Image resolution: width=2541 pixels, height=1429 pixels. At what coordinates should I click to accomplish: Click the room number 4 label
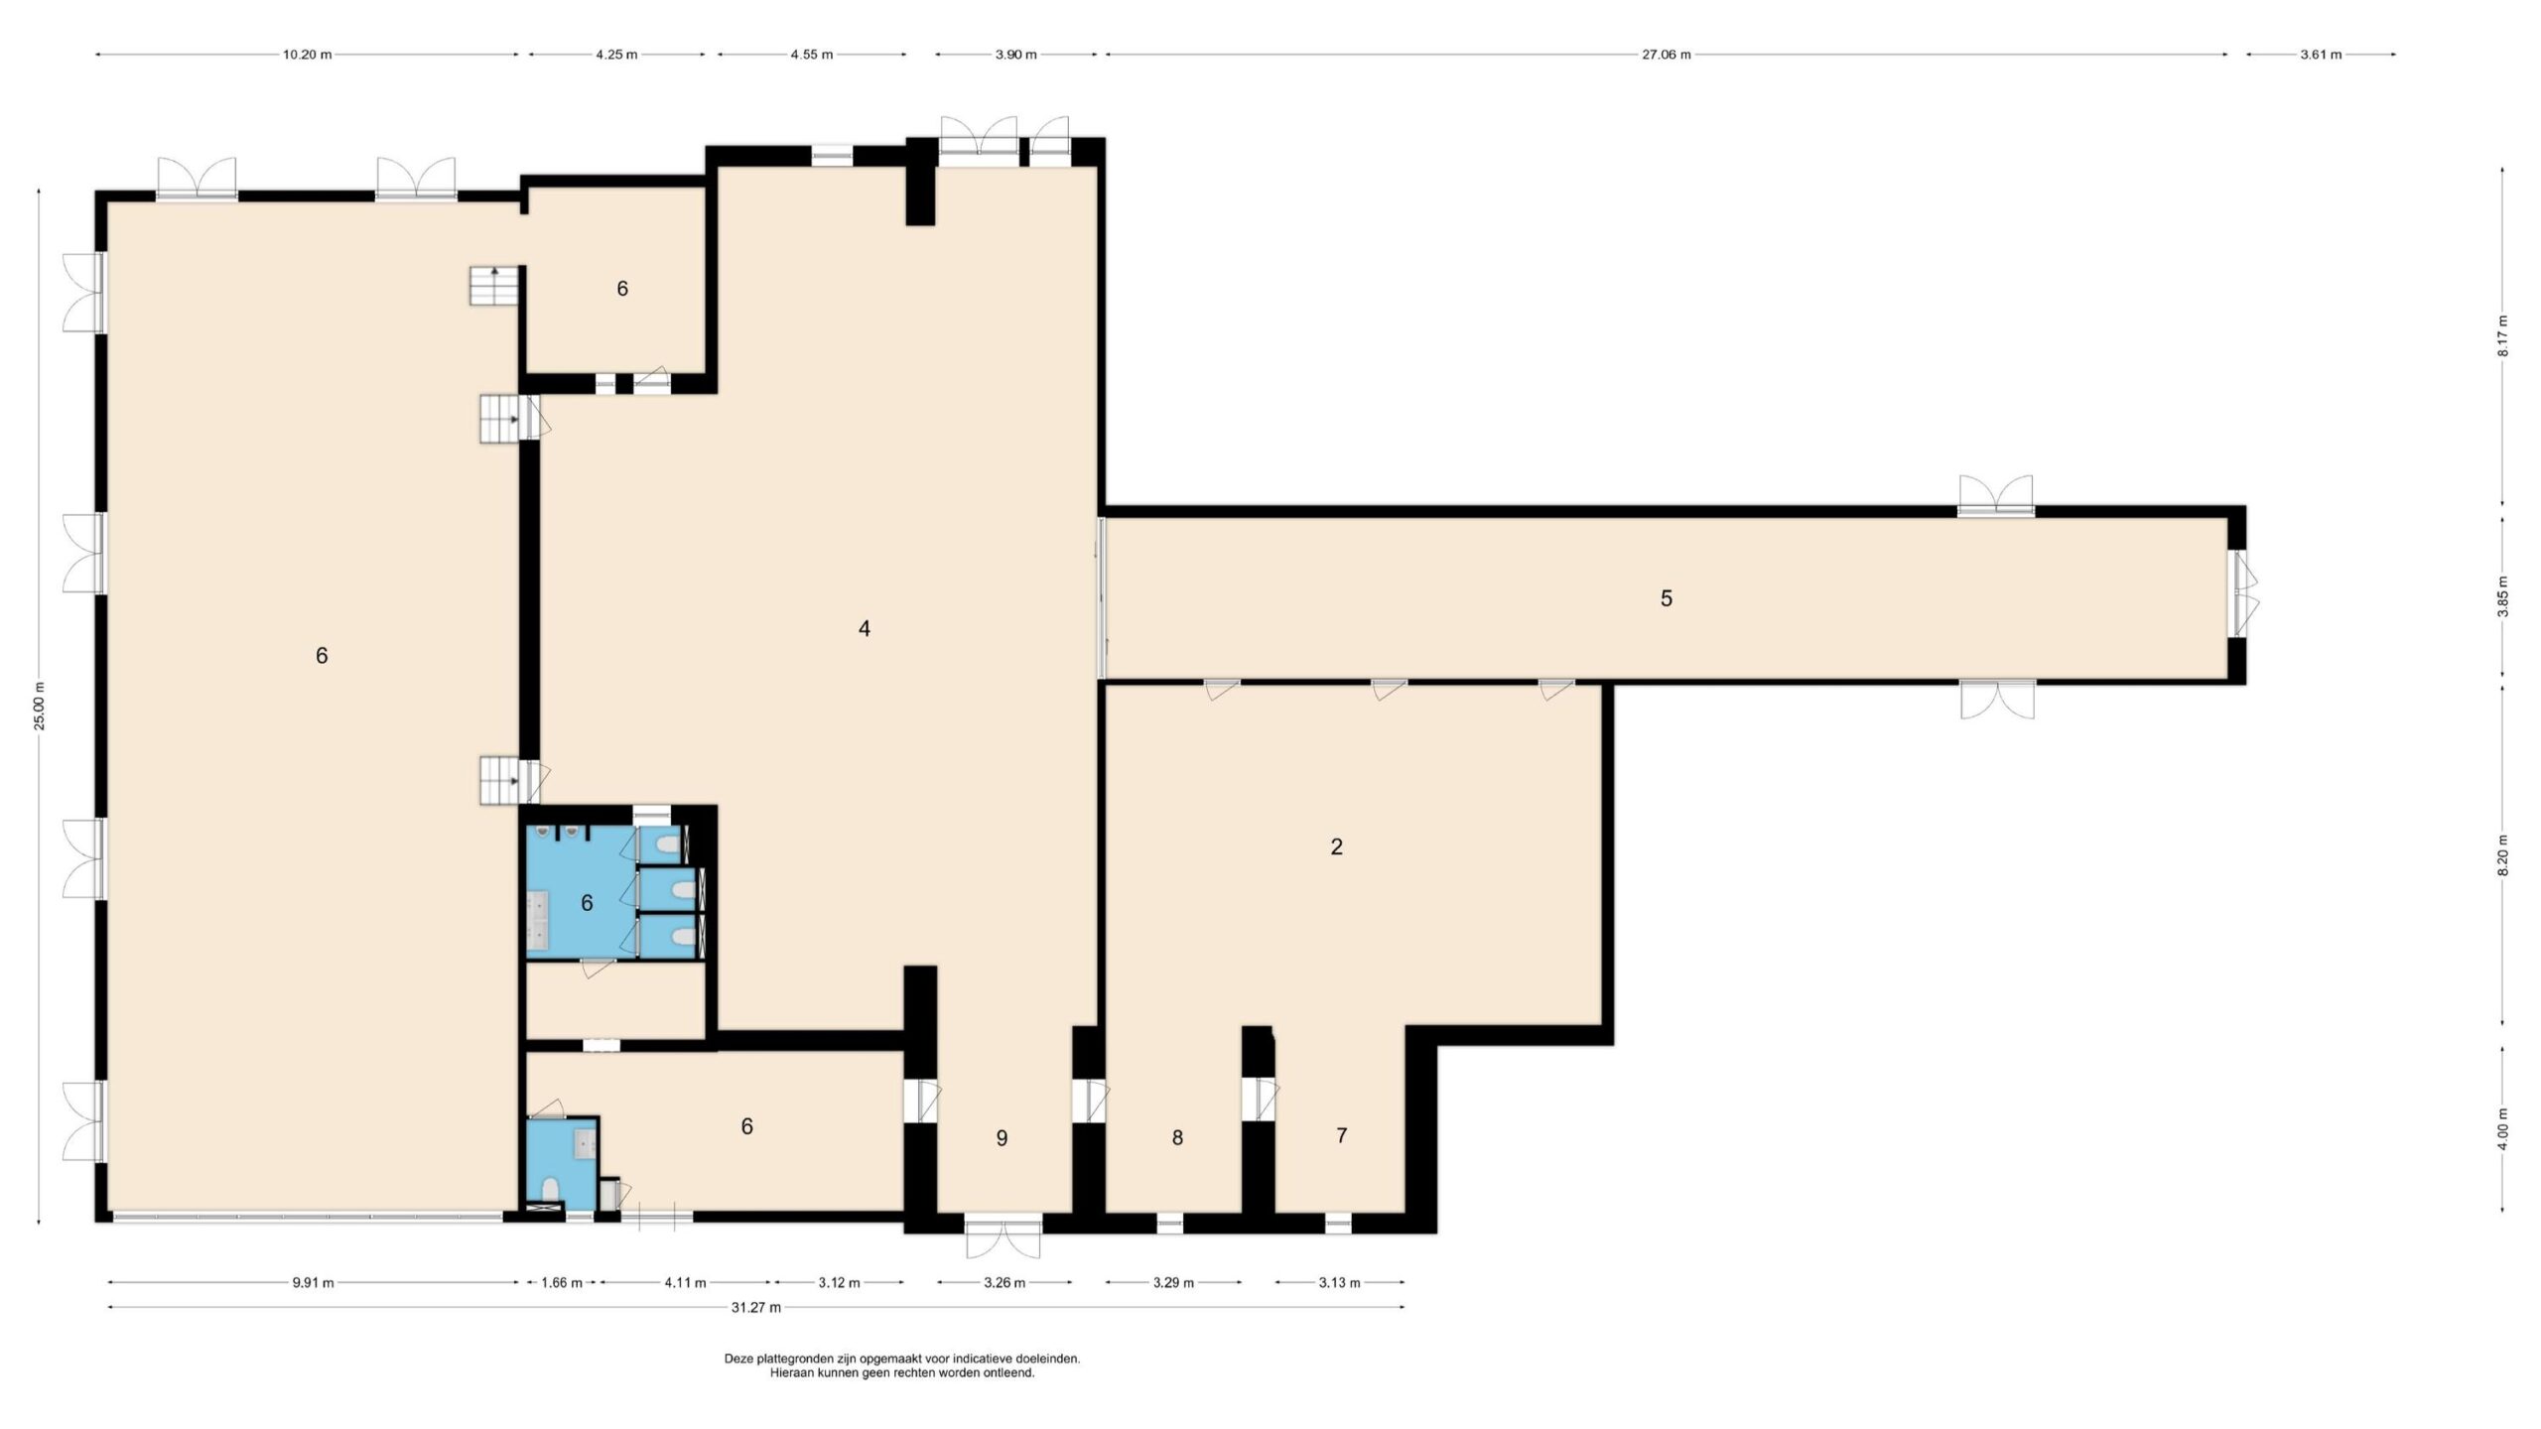click(x=865, y=628)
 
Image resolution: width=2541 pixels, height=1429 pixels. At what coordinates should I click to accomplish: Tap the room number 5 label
click(x=1667, y=598)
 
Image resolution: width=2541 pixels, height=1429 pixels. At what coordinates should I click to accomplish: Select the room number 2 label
click(x=1336, y=846)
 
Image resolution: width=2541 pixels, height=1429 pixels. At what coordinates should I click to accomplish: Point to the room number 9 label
click(x=1002, y=1138)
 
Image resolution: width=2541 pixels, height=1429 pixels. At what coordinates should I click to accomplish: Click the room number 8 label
click(x=1177, y=1138)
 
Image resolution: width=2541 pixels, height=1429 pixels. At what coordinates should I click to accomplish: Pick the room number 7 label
click(x=1342, y=1135)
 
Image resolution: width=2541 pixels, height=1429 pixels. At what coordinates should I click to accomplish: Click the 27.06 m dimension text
click(x=1666, y=55)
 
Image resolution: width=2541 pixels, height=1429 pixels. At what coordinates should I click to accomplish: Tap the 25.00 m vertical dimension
click(x=39, y=706)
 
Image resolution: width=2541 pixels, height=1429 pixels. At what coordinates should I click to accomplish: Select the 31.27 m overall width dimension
click(x=756, y=1307)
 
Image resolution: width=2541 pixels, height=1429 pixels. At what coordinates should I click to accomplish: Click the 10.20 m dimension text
click(x=307, y=55)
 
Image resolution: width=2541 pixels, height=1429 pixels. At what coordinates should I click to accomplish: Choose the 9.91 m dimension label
click(x=313, y=1282)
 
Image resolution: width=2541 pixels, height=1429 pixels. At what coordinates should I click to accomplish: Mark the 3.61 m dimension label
click(x=2321, y=55)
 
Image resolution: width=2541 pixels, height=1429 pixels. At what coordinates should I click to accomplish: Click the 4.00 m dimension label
click(x=2502, y=1128)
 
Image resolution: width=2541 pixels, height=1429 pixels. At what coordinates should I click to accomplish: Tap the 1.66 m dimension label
click(x=561, y=1282)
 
